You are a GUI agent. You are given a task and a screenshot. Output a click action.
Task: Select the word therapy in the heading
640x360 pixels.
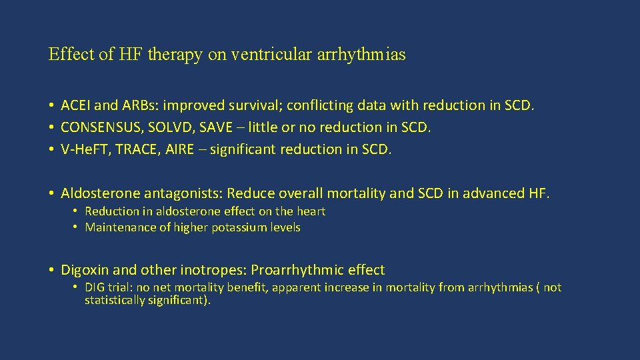tap(175, 55)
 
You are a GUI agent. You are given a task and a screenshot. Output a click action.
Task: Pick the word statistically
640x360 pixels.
tap(114, 301)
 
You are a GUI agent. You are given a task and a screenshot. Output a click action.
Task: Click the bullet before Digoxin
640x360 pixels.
tap(51, 270)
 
